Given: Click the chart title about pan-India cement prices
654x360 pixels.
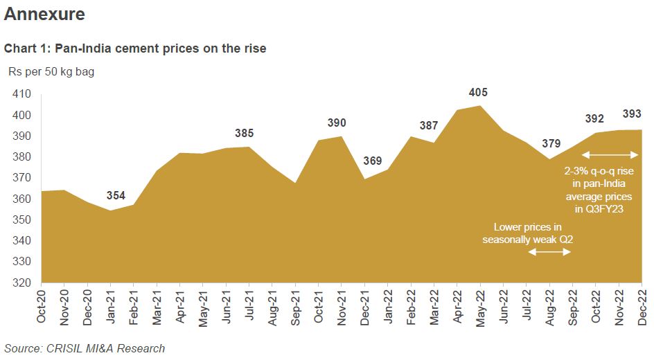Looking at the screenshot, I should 135,48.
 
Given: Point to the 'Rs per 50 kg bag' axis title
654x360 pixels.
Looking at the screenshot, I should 51,71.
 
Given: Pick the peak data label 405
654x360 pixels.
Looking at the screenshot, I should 478,92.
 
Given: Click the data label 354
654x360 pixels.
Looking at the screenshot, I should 116,196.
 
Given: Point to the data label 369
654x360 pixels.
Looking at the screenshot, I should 373,161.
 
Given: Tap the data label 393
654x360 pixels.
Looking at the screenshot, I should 632,114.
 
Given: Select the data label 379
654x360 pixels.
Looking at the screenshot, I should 551,143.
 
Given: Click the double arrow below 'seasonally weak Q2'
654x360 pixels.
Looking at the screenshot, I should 549,253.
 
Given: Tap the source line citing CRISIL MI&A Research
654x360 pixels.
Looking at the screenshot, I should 85,348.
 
